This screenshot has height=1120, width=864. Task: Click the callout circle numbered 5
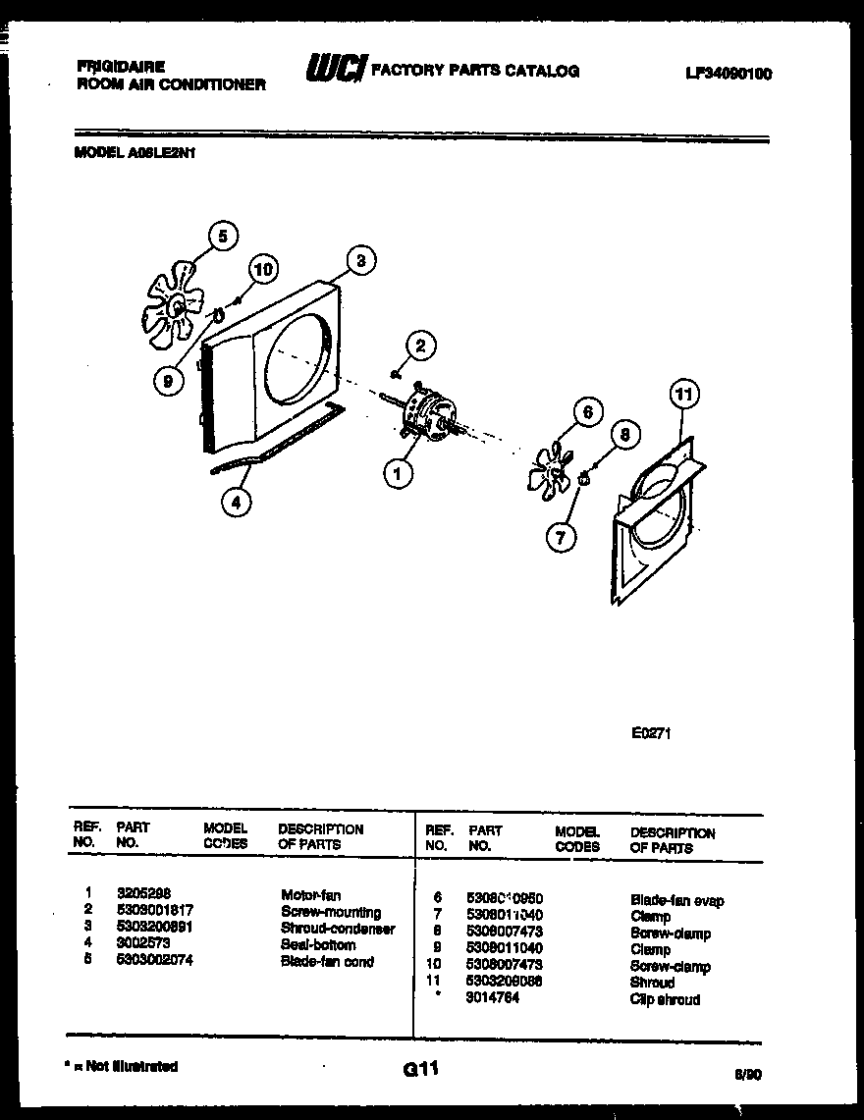tap(223, 236)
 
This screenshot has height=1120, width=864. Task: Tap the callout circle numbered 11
tap(683, 396)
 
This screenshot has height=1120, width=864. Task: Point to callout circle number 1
tap(397, 474)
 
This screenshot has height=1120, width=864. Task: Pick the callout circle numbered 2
tap(420, 345)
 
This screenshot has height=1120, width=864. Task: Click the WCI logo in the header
tap(336, 69)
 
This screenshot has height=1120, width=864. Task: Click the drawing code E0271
tap(651, 732)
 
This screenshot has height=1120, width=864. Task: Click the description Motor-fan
tap(310, 894)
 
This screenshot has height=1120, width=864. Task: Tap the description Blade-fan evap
tap(676, 899)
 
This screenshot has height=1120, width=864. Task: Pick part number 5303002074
tap(155, 961)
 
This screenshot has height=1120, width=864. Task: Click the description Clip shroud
tap(665, 999)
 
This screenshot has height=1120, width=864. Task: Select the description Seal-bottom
tap(318, 944)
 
